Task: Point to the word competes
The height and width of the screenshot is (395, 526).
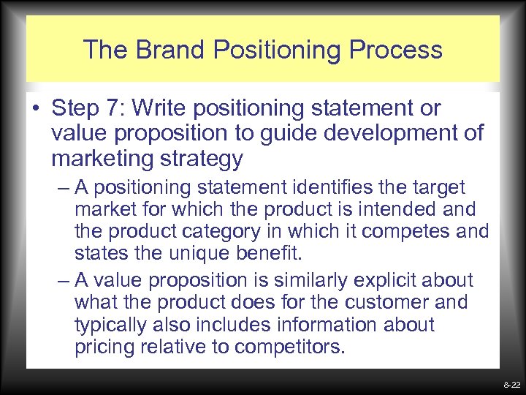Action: (414, 233)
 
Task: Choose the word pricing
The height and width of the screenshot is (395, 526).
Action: (109, 346)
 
